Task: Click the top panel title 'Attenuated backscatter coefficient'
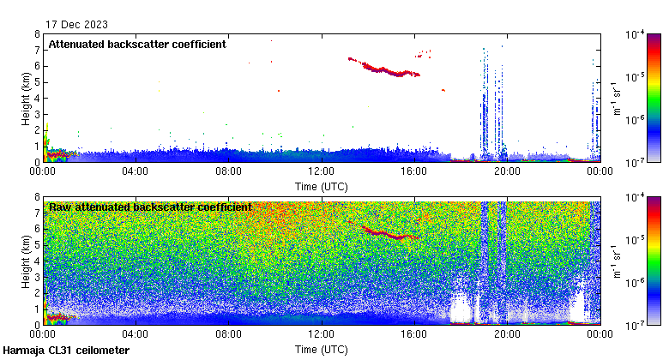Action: tap(137, 44)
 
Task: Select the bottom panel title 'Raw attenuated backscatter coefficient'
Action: tap(150, 207)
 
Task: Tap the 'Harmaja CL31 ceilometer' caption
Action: tap(66, 351)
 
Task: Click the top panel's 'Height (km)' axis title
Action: tap(27, 98)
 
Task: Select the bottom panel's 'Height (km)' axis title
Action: tap(27, 261)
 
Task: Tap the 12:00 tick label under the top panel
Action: tap(321, 171)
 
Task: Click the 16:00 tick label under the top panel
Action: tap(413, 171)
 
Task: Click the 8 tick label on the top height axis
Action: tap(37, 34)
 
